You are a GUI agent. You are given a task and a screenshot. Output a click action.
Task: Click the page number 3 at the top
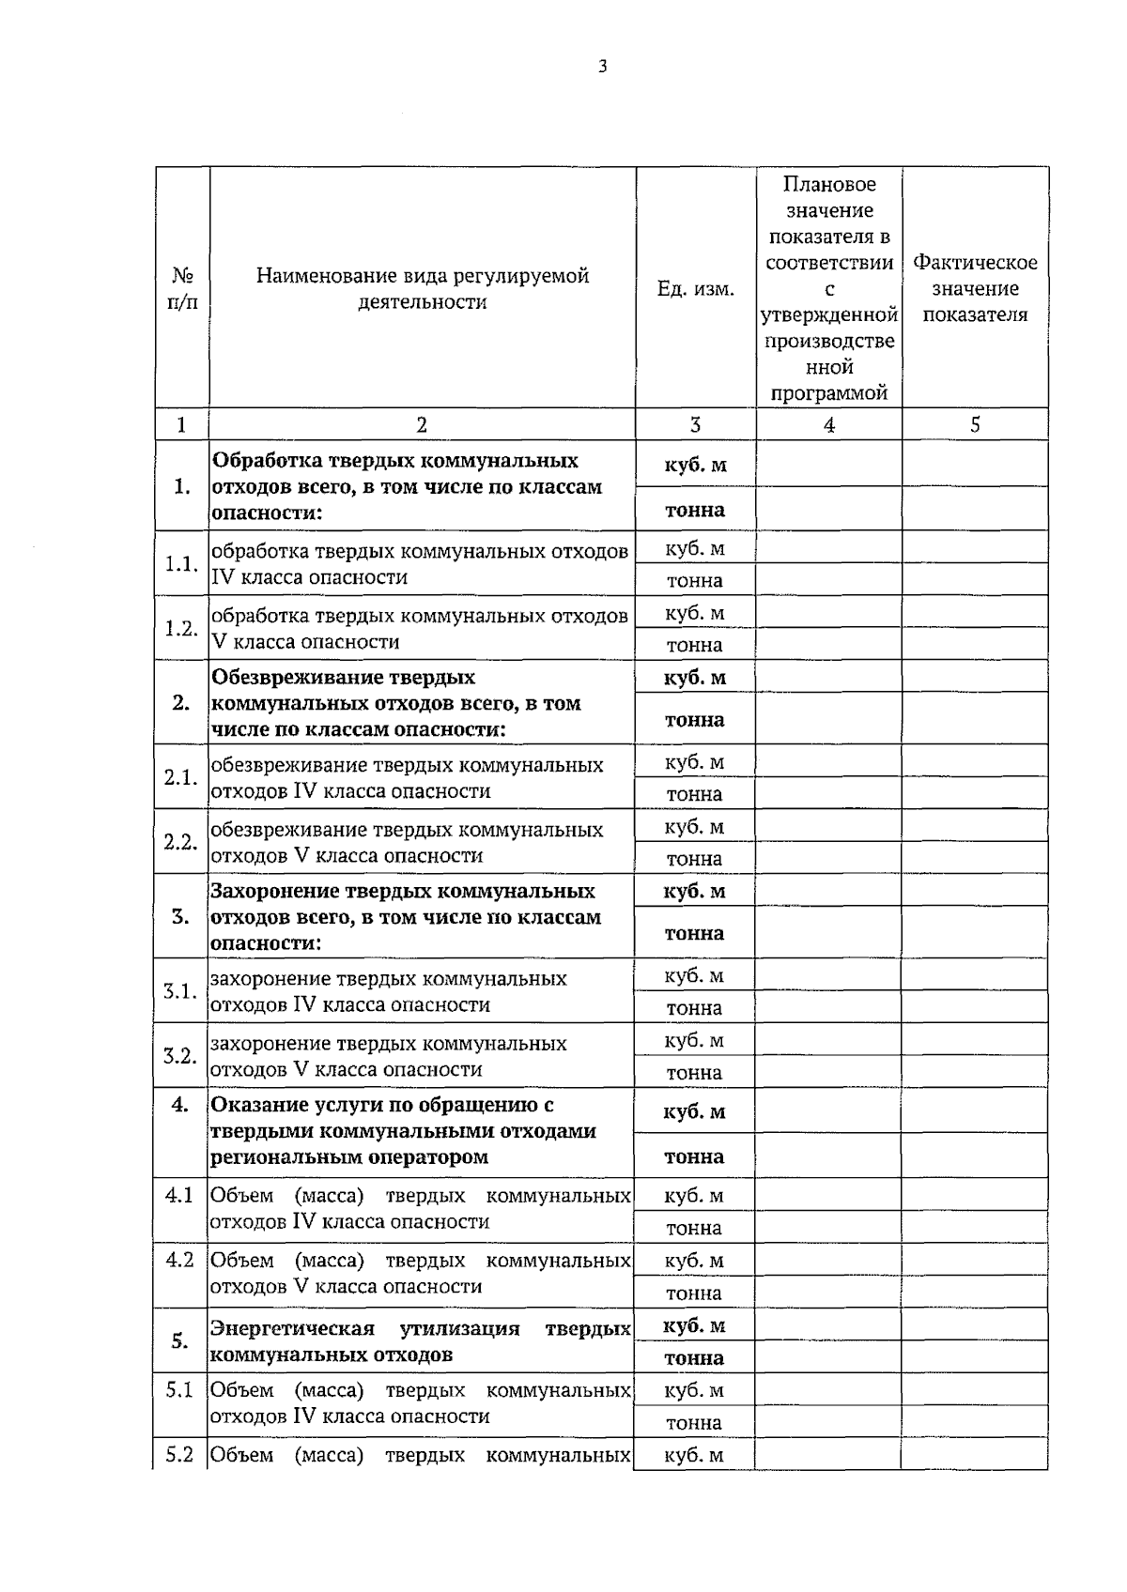pyautogui.click(x=602, y=67)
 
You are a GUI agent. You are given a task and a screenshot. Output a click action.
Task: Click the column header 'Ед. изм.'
pyautogui.click(x=695, y=289)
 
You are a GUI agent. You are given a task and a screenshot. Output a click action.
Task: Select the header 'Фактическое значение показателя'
pyautogui.click(x=975, y=288)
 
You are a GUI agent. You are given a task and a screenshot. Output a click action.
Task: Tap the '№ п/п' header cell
pyautogui.click(x=182, y=288)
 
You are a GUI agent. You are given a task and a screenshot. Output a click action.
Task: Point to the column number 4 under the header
pyautogui.click(x=828, y=425)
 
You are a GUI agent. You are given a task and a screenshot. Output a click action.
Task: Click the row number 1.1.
pyautogui.click(x=181, y=564)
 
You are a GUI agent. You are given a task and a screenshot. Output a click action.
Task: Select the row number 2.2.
pyautogui.click(x=180, y=842)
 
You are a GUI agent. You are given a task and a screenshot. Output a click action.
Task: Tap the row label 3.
pyautogui.click(x=181, y=916)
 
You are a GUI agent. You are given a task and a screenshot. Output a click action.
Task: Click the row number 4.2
pyautogui.click(x=179, y=1260)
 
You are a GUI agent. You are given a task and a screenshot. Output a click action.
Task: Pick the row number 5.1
pyautogui.click(x=179, y=1389)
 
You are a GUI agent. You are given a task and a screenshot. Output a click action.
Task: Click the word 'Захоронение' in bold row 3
pyautogui.click(x=273, y=891)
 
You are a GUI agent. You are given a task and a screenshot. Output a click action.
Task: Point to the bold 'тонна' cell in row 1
pyautogui.click(x=695, y=510)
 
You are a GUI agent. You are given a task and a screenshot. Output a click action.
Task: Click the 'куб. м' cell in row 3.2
pyautogui.click(x=694, y=1040)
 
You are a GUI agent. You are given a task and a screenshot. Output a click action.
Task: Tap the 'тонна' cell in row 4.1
pyautogui.click(x=694, y=1228)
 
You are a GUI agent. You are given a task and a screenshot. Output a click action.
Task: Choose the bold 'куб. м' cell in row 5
pyautogui.click(x=694, y=1325)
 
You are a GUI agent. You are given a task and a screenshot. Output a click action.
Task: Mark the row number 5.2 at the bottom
pyautogui.click(x=179, y=1454)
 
